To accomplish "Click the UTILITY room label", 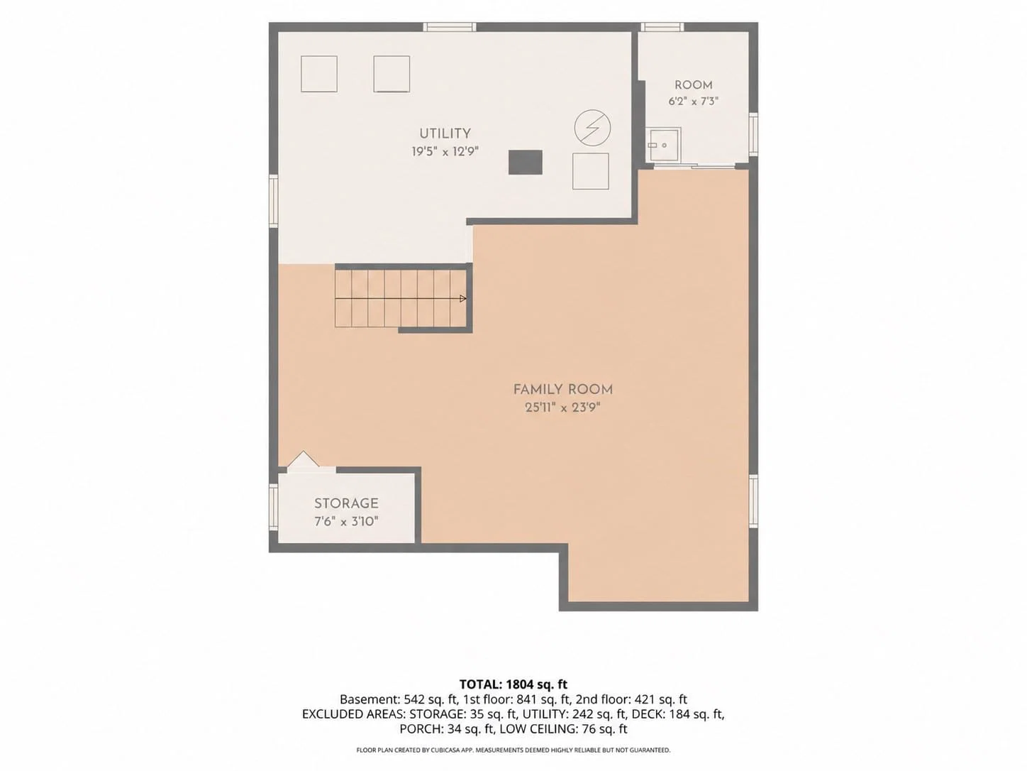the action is coord(445,134).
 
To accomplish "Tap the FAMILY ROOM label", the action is coord(563,390).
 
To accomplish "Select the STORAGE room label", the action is coord(346,503).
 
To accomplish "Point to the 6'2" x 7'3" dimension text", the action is coord(694,101).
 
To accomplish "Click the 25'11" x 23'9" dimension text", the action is coord(562,408).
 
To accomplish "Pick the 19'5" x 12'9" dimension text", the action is coord(445,152).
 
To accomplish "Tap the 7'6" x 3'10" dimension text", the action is coord(346,522).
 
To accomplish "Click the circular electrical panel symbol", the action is coord(592,127).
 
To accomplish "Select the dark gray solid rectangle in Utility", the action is coord(526,162).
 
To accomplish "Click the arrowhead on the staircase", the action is coord(462,299).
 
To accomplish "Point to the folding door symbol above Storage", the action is coord(303,459).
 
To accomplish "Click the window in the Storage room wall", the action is coord(274,507).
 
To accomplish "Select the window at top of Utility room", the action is coord(450,27).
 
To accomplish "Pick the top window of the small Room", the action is coord(662,27).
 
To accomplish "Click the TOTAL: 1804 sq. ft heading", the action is coord(513,684).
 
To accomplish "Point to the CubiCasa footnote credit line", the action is coord(513,750).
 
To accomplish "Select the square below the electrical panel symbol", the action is coord(591,171).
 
